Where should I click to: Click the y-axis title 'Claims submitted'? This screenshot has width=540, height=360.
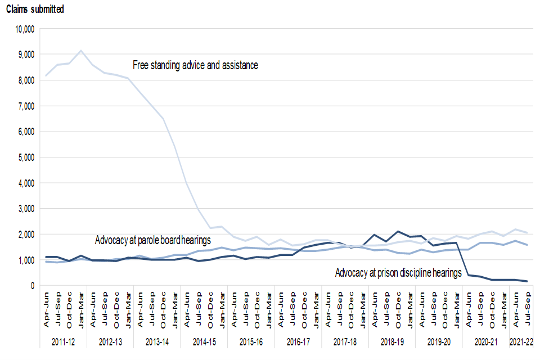point(35,10)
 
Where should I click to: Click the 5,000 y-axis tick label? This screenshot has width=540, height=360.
point(25,157)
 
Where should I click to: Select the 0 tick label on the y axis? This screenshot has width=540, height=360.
point(33,286)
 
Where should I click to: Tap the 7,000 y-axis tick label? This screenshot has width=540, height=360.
point(25,106)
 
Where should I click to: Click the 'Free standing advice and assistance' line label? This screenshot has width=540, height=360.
point(195,65)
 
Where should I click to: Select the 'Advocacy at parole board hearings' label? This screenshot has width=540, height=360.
point(153,240)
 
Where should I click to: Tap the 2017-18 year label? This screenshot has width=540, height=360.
point(345,343)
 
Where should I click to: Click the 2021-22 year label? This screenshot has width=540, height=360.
point(520,343)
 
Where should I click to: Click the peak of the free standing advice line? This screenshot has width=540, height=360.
point(82,51)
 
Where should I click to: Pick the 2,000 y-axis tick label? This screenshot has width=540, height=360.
point(25,235)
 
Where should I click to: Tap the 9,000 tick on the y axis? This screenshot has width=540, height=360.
point(25,55)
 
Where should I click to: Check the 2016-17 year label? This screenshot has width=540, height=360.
point(298,343)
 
